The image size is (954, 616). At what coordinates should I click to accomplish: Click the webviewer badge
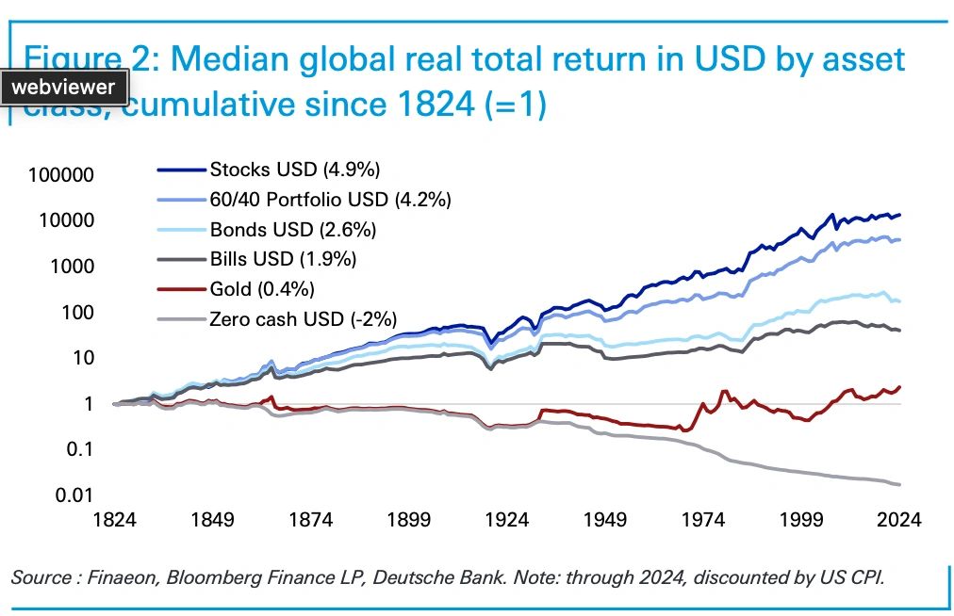point(64,88)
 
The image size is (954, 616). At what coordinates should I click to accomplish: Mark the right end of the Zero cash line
point(900,484)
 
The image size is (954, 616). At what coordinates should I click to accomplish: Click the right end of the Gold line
point(900,386)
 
